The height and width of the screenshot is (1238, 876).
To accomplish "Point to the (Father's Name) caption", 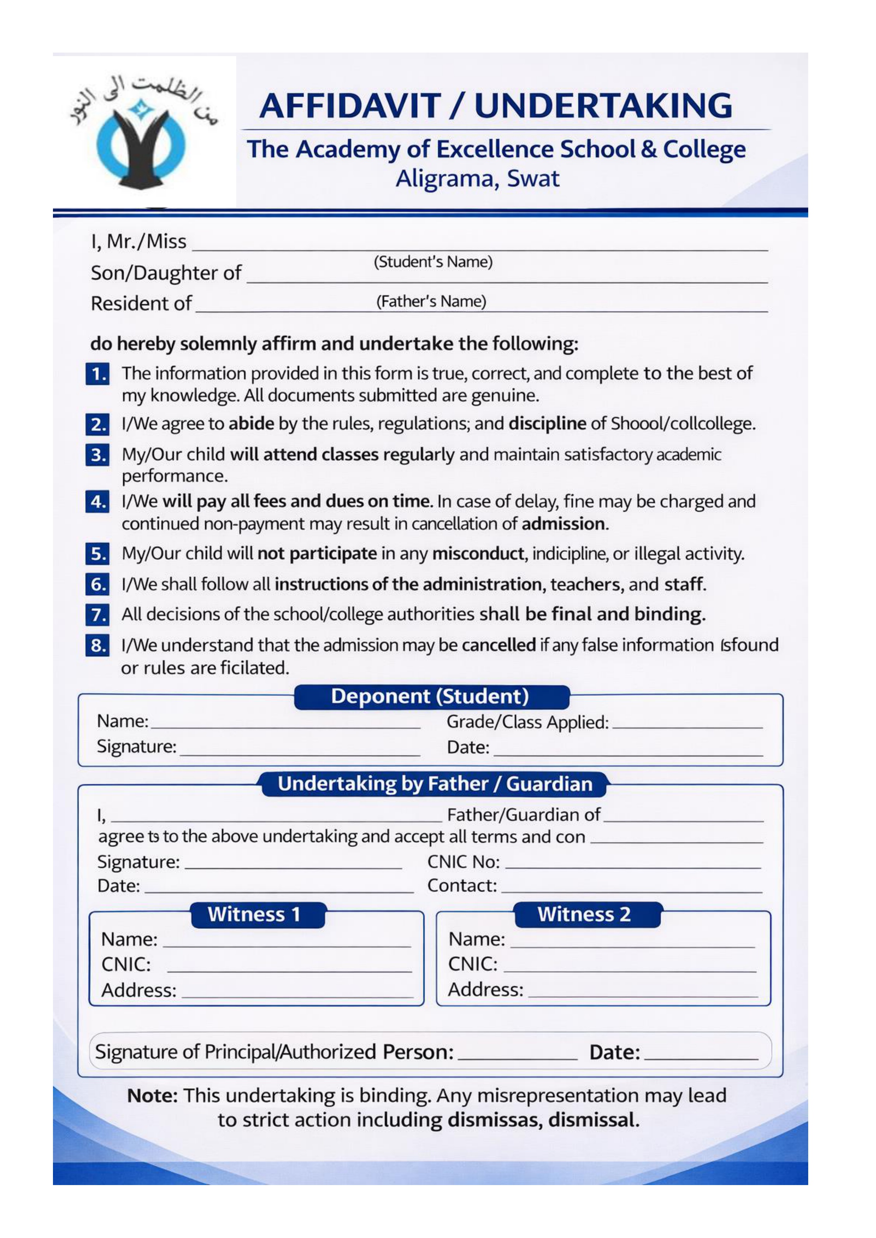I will (431, 301).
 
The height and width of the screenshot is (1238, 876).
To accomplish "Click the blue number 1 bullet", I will (98, 374).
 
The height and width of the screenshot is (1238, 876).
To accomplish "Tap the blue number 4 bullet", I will (98, 502).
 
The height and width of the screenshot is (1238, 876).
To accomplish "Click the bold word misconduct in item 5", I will (478, 554).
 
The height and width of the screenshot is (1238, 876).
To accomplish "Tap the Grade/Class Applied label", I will (528, 722).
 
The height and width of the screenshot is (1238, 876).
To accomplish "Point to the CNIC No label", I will (463, 862).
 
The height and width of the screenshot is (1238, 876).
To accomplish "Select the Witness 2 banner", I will (584, 914).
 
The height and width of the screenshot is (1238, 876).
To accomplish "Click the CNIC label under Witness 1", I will (126, 964).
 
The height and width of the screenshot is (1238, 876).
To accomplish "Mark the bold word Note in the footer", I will (152, 1096).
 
